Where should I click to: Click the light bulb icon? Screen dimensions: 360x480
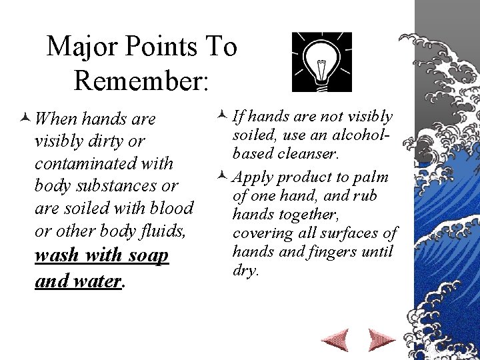point(321,62)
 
